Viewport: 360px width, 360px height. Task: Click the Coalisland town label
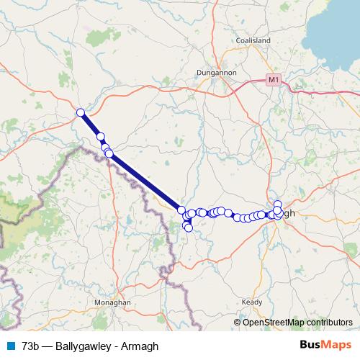(x=253, y=41)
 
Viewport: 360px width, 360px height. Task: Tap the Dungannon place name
(x=215, y=72)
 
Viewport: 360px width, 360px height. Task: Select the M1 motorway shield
(x=272, y=79)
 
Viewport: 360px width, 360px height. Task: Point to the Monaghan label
(x=114, y=303)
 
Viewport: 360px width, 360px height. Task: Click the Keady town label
(x=252, y=302)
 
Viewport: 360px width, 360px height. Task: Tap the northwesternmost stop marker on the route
(x=81, y=112)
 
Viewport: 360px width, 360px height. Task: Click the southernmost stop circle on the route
(x=189, y=228)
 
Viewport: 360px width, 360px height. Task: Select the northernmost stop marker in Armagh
(x=278, y=204)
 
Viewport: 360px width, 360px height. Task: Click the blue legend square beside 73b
(x=9, y=346)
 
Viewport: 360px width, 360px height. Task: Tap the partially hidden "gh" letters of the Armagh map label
(x=288, y=214)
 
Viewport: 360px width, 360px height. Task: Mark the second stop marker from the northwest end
(x=100, y=136)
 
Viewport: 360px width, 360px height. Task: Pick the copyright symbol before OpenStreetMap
(x=238, y=322)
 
